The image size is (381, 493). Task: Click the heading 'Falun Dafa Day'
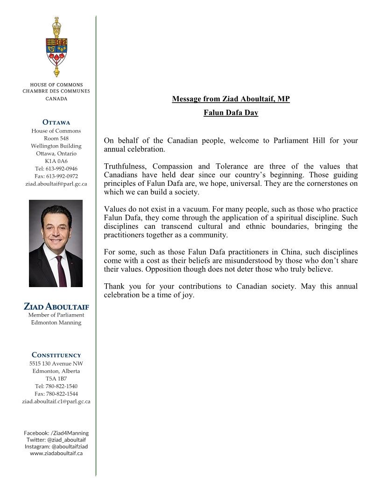pos(231,113)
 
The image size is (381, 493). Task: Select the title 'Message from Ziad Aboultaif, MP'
pos(231,99)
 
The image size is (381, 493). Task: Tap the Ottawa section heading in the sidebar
pos(56,123)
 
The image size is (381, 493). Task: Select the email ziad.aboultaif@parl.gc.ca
pos(56,183)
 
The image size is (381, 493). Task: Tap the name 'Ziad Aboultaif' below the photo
pos(56,307)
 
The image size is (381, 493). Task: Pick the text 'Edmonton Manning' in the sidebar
pos(56,323)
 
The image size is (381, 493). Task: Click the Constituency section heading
pos(56,355)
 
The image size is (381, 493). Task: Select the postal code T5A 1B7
pos(56,379)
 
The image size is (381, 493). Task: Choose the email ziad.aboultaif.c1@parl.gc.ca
pos(56,401)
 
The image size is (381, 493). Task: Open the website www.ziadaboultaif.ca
pos(56,453)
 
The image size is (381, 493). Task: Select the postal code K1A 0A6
pos(56,161)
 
